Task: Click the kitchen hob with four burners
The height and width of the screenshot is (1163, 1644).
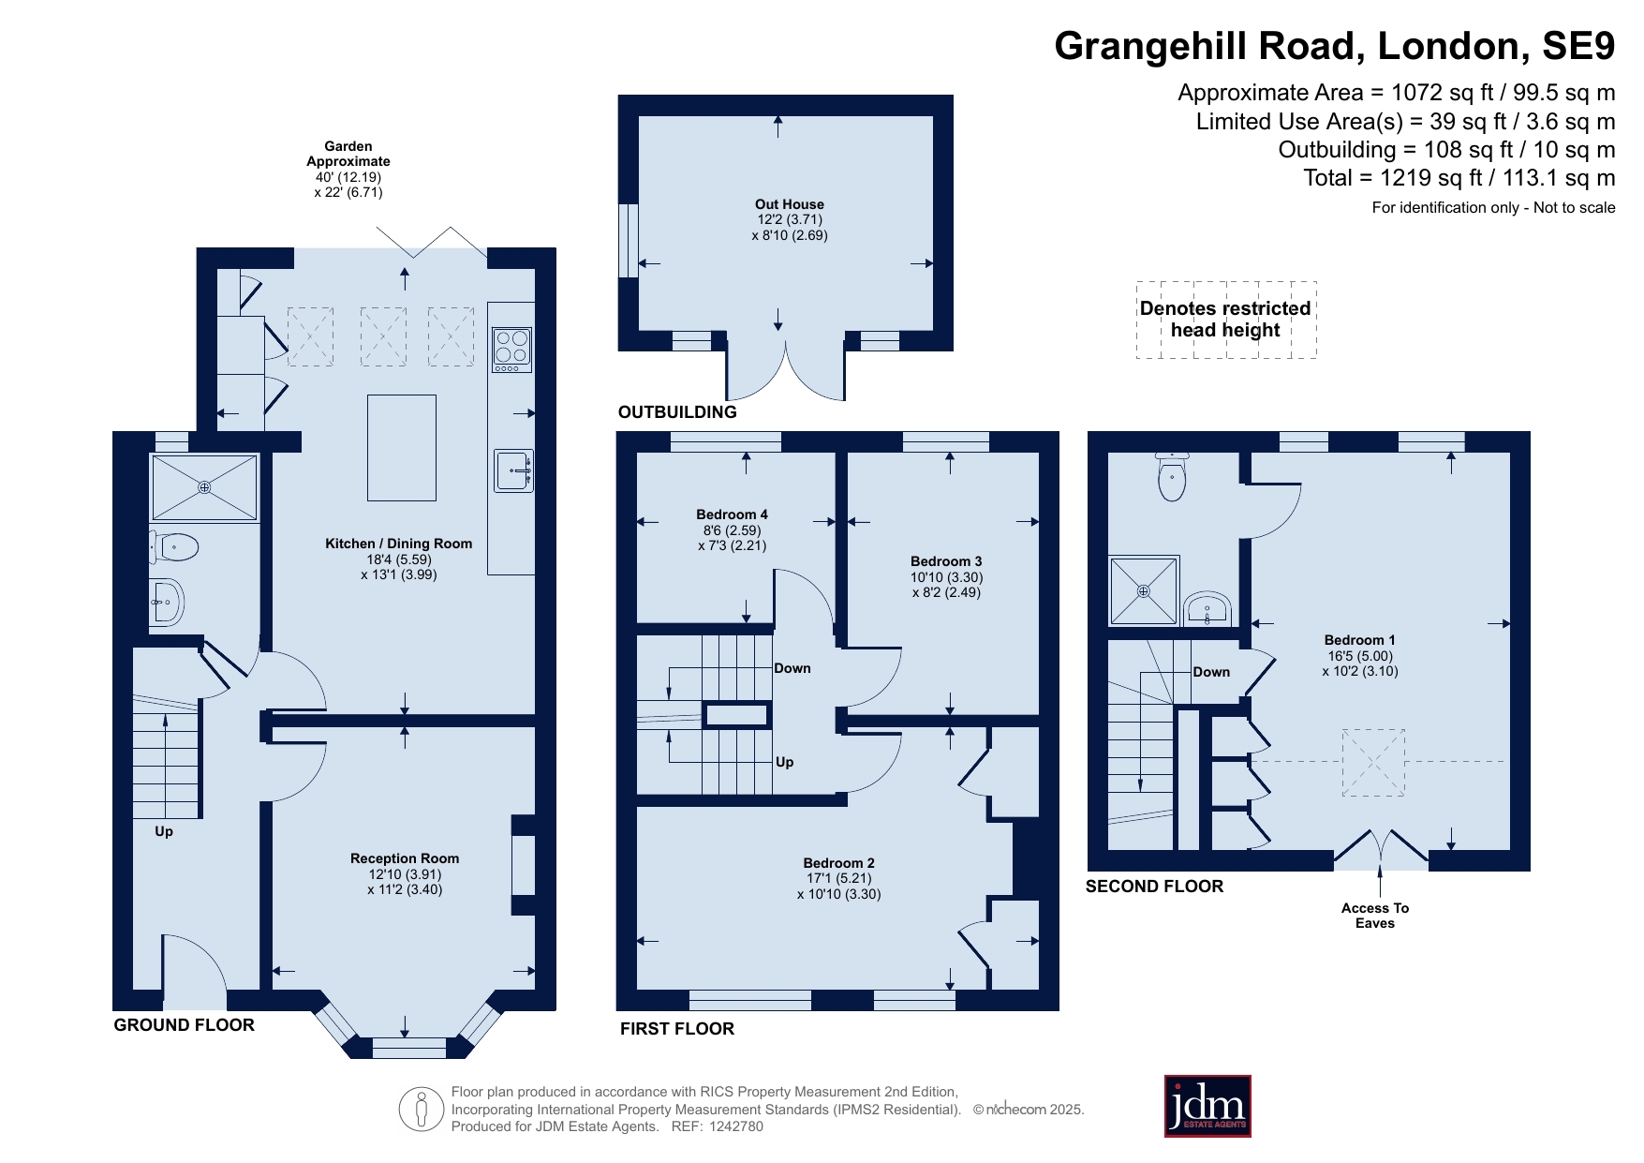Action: (512, 350)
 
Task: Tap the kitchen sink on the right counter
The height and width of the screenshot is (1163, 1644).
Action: (514, 470)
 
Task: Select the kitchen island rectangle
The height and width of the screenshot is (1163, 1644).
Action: (402, 448)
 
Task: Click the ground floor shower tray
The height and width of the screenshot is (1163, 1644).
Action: (204, 487)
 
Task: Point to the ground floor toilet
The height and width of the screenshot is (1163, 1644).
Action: (175, 546)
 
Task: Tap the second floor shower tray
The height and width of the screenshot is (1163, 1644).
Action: (1144, 590)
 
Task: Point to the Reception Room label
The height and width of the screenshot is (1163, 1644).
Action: (405, 858)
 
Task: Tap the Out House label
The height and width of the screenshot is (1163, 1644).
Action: (790, 204)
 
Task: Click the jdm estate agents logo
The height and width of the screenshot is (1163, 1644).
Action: (1207, 1106)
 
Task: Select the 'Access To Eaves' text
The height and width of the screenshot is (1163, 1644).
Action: (1375, 916)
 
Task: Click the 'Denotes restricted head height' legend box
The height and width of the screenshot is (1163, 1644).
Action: (1226, 320)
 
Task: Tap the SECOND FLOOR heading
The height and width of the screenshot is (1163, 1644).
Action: (1154, 887)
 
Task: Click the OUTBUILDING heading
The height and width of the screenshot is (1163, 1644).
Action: (677, 412)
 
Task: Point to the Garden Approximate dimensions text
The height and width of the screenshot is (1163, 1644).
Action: (348, 170)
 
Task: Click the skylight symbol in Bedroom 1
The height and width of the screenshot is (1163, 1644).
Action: (1374, 762)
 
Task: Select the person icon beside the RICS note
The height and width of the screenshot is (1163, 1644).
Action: (422, 1110)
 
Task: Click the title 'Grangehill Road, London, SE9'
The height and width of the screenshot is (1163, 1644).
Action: (1335, 46)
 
